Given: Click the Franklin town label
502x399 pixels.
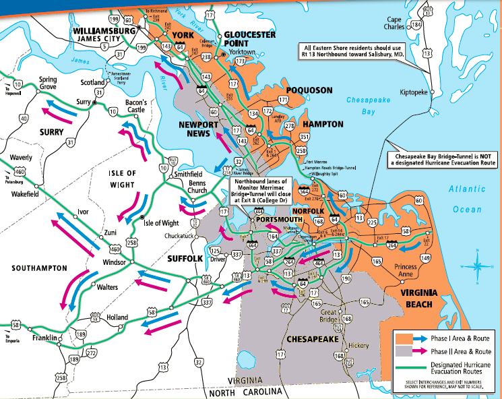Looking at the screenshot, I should pyautogui.click(x=45, y=338).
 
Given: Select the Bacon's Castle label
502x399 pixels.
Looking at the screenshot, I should pyautogui.click(x=135, y=105).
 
